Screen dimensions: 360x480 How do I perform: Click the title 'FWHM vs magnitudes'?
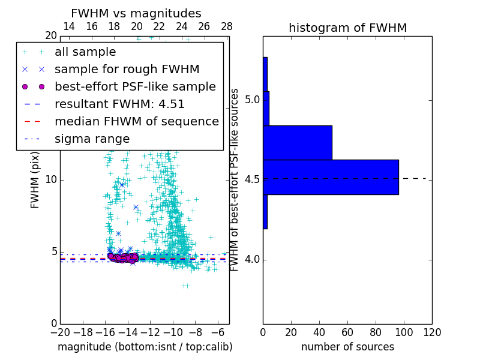[136, 13]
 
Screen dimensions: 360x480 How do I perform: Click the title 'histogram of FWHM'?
[347, 28]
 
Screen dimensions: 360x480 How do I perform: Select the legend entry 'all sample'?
[85, 52]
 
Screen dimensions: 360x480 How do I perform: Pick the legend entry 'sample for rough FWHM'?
[127, 69]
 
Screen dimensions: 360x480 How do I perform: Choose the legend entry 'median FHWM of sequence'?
[136, 121]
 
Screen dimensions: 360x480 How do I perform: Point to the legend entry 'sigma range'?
[92, 139]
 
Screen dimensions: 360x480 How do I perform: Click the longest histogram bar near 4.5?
[331, 177]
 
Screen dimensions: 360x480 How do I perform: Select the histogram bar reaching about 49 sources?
[298, 143]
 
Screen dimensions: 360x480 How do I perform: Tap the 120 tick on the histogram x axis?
[432, 332]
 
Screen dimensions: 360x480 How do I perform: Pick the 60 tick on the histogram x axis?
[347, 332]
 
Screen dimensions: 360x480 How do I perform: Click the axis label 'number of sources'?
[347, 347]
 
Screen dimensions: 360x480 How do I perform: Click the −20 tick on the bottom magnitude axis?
[60, 332]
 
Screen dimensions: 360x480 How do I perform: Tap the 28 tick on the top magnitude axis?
[227, 26]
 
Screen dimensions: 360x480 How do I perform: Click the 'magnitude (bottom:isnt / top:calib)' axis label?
[145, 347]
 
